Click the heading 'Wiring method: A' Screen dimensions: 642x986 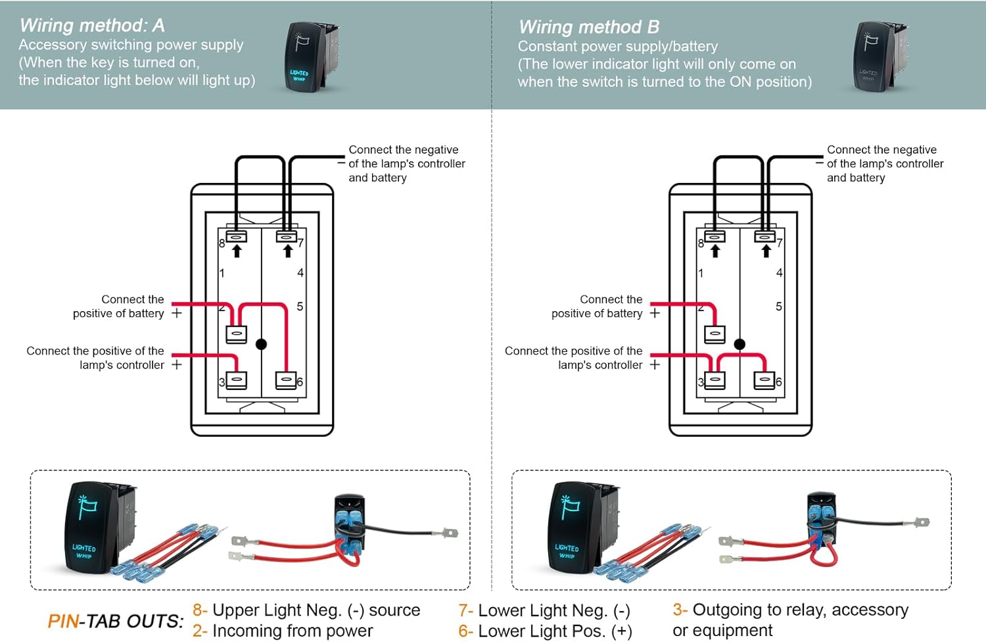click(92, 26)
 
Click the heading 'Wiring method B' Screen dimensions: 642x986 click(588, 27)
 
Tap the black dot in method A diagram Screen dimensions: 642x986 click(261, 344)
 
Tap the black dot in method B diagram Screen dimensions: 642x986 click(739, 344)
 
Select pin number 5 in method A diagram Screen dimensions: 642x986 click(300, 307)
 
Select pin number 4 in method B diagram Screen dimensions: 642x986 click(779, 272)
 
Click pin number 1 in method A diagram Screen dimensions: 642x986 click(222, 272)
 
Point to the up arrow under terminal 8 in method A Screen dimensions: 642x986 click(237, 251)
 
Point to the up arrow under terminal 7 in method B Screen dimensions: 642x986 click(766, 251)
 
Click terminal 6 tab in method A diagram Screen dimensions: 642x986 click(286, 381)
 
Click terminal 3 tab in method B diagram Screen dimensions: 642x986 click(715, 381)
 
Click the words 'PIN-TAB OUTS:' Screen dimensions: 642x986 click(116, 621)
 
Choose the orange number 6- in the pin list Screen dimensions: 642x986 click(465, 631)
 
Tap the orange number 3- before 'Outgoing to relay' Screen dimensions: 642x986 click(680, 610)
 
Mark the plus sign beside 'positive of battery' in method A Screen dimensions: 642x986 click(176, 313)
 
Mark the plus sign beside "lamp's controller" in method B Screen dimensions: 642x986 click(655, 364)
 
